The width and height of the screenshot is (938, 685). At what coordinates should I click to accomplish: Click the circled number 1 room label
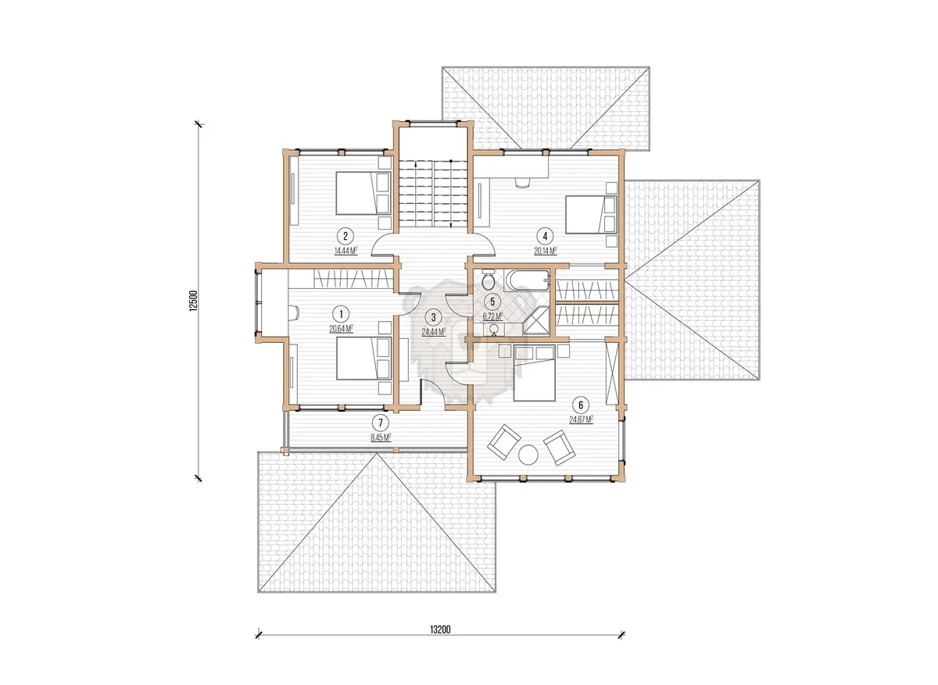point(341,314)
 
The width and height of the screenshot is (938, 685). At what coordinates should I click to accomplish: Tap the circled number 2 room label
point(345,236)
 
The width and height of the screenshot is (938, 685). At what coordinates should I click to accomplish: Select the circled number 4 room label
point(545,236)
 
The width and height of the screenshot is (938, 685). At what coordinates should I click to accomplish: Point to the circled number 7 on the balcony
point(380,423)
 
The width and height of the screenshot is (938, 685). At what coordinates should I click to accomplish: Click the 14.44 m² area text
point(345,252)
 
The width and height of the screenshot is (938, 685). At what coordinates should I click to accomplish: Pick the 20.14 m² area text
point(546,251)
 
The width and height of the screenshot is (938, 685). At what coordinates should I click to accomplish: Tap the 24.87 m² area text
point(582,419)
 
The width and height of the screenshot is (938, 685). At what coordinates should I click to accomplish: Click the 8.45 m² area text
point(381,438)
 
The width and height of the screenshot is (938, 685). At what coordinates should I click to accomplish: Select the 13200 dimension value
point(440,630)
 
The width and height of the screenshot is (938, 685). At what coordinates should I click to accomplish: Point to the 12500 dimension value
point(193,301)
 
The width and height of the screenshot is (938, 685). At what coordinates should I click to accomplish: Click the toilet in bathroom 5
point(489,280)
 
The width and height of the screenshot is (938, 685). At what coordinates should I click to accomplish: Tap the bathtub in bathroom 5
point(527,280)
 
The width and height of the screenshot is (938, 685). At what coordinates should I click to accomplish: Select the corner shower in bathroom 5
point(536,321)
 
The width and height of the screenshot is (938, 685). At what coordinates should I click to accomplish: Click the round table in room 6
point(528,455)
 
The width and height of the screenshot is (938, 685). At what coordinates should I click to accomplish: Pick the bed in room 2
point(363,194)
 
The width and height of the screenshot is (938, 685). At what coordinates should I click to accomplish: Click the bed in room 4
point(591,215)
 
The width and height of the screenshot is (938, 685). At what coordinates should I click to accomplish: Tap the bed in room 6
point(535,373)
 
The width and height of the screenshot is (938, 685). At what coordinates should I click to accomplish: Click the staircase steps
point(433,194)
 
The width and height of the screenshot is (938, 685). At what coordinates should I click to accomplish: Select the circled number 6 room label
point(580,405)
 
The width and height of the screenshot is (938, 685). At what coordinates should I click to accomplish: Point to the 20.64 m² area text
point(341,329)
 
